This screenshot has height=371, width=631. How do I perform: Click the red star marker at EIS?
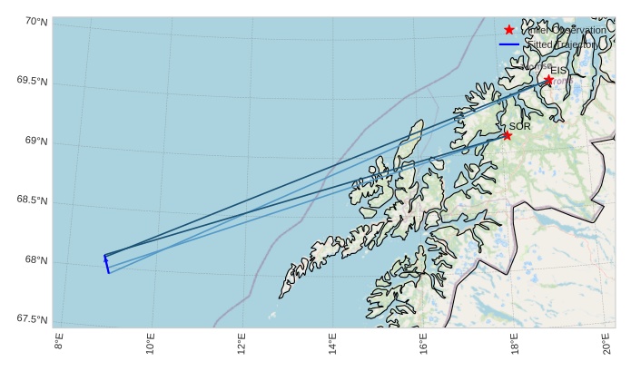pos(548,80)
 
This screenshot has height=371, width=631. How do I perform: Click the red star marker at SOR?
pos(507,135)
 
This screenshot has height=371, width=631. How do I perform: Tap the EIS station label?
pos(558,70)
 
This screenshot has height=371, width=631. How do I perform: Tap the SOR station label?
pos(519,126)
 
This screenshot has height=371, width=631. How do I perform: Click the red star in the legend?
pos(509,30)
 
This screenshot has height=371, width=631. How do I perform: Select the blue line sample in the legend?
pos(509,44)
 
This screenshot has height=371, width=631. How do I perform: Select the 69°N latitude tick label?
pos(35,141)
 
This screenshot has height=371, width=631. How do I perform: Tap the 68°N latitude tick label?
pos(35,260)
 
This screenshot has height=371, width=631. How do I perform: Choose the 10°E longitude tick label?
pos(150,345)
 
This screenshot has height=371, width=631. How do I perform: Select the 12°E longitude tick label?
pos(241,345)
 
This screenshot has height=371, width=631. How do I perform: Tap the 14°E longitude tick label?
pos(331,345)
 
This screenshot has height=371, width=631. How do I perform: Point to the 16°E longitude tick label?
pos(423,345)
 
